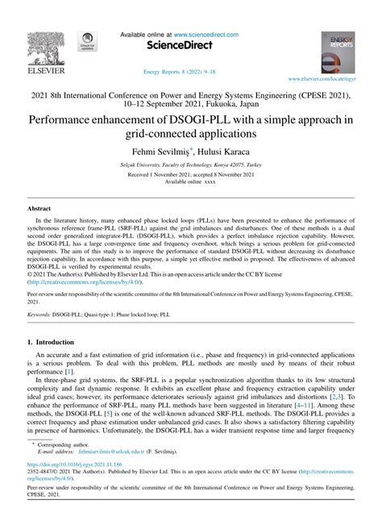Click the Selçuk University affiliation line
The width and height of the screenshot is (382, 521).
190,164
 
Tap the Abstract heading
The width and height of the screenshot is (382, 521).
41,207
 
